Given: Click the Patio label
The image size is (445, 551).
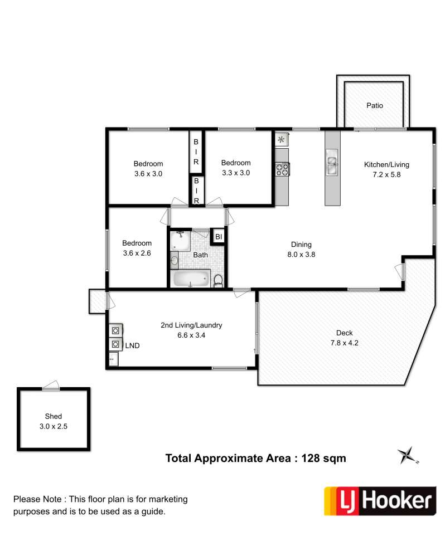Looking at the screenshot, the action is tap(374, 105).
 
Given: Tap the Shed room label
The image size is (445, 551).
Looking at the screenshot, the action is tap(54, 416).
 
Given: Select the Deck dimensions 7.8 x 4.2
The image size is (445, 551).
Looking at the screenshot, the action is tap(344, 343).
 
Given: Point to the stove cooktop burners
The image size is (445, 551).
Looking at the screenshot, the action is tap(282, 169).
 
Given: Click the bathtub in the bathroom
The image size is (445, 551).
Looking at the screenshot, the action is tap(190, 279).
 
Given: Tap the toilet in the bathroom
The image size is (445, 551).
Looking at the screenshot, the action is tap(218, 281).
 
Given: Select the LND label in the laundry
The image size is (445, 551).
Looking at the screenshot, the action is tap(132, 346).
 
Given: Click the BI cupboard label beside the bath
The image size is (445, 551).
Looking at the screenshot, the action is tap(219, 237).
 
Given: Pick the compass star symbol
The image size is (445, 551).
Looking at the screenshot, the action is tap(408, 455).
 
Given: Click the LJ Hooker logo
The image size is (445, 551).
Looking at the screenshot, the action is tap(380, 501).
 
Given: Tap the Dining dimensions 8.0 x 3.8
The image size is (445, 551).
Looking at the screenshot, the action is tap(301, 254).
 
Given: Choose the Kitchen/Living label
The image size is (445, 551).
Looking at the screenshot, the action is tap(386, 164).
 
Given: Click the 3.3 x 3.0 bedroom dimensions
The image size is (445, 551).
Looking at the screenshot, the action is tap(236, 173).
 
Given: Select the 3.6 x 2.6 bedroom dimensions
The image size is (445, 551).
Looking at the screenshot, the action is tap(137, 253).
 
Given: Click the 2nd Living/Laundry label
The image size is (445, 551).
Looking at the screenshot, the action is tap(191, 325).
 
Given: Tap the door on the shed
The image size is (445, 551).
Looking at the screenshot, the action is tap(51, 386).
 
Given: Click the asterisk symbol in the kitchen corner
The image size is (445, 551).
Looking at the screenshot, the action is tap(281, 140).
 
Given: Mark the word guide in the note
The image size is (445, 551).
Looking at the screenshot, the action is tap(154, 511).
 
